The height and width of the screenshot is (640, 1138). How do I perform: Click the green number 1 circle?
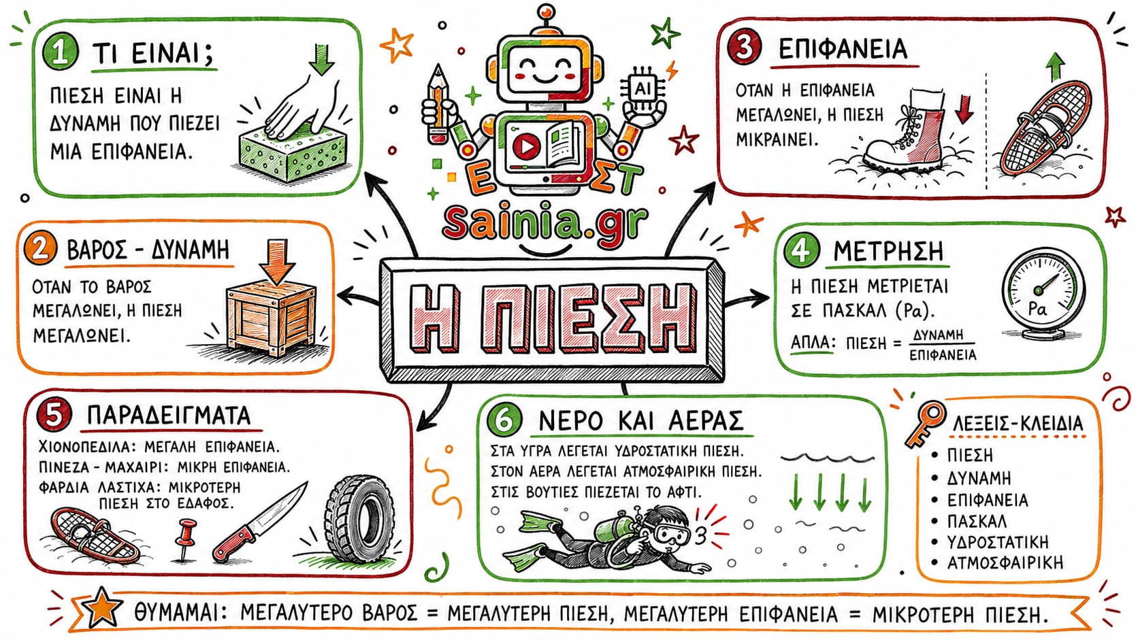61,53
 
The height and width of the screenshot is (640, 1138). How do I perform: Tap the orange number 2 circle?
40,249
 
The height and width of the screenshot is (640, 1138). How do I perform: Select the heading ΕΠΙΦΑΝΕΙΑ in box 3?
843,49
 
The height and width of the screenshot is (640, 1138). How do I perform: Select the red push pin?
185,539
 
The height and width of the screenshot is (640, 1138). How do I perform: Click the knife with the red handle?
259,523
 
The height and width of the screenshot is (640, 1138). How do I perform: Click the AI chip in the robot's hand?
643,90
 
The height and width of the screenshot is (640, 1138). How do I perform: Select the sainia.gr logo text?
546,222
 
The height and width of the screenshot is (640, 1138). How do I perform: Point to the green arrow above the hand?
321,60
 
